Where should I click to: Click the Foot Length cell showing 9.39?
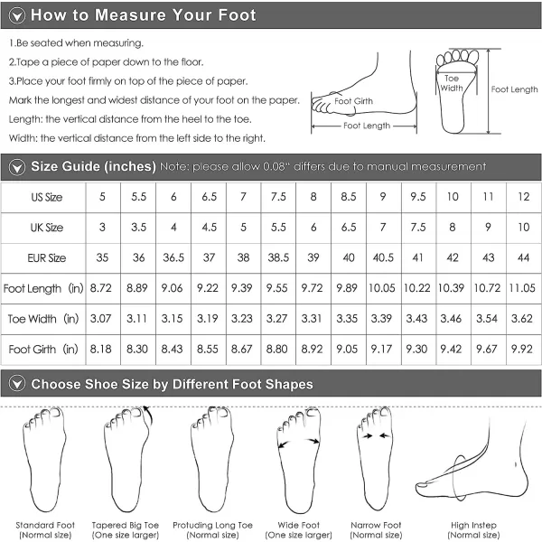click(x=241, y=288)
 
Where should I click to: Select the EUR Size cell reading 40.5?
click(x=383, y=257)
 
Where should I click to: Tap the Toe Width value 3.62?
click(x=522, y=318)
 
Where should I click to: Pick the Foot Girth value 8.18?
click(x=101, y=349)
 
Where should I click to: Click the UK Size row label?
click(x=47, y=228)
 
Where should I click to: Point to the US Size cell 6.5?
click(x=210, y=197)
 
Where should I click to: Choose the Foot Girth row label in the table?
click(x=43, y=349)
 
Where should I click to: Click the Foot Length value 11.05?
click(x=522, y=288)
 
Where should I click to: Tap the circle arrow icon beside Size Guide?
click(x=17, y=167)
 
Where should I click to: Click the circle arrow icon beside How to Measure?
click(x=17, y=15)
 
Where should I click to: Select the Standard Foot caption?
click(x=45, y=530)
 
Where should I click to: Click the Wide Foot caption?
click(x=299, y=530)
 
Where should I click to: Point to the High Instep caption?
click(x=473, y=530)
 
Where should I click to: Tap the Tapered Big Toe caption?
click(x=126, y=530)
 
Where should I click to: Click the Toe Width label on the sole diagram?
click(x=452, y=83)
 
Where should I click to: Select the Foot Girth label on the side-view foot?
click(x=353, y=101)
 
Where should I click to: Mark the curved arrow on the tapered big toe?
click(x=150, y=416)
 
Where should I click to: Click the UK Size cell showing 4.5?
click(x=210, y=227)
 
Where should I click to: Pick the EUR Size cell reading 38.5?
click(x=278, y=257)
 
